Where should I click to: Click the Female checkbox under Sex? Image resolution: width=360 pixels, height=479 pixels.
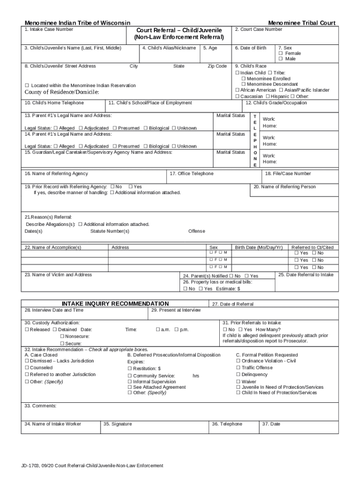tap(281, 53)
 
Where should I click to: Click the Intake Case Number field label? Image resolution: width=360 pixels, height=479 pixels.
tap(49, 29)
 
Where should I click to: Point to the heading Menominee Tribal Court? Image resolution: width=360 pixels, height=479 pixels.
tap(302, 23)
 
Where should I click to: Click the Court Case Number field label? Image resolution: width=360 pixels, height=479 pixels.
tap(259, 29)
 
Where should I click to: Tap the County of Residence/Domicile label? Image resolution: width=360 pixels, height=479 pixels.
tap(62, 92)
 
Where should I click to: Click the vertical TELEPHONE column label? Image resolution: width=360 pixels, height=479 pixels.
tap(255, 140)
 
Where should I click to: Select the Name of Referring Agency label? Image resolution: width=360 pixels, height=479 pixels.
tap(56, 174)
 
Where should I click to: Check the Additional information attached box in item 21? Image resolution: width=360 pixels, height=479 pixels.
tap(80, 224)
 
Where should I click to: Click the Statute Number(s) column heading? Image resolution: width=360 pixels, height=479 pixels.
tap(110, 231)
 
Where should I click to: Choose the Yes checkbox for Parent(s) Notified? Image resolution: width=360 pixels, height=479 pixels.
tap(246, 276)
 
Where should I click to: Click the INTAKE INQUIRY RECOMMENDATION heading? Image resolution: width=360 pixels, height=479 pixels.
tap(115, 304)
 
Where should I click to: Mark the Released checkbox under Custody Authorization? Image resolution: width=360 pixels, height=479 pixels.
tap(27, 330)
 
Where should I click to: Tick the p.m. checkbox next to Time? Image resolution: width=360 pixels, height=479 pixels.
tap(176, 330)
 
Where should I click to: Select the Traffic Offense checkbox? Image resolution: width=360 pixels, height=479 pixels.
tap(238, 368)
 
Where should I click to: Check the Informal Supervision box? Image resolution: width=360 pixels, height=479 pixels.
tap(130, 382)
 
